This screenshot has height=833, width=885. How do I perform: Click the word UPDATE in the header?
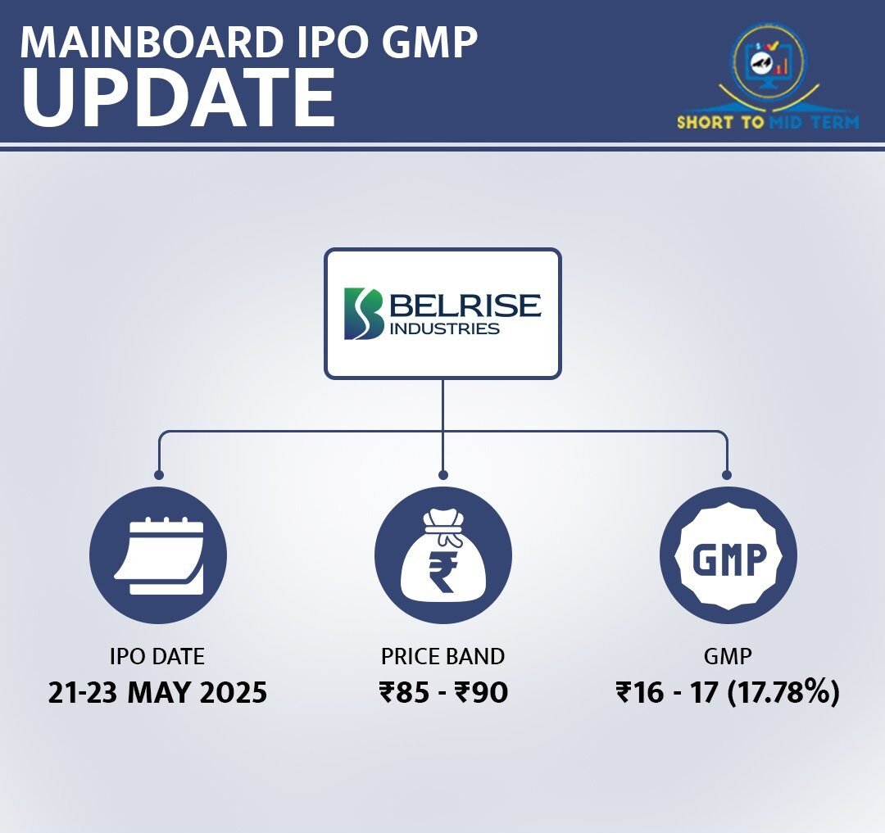pos(179,98)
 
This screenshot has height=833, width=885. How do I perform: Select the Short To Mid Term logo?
pos(768,78)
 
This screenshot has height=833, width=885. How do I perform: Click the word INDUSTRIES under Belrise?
pos(445,328)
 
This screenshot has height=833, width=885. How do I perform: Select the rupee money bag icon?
pos(443,555)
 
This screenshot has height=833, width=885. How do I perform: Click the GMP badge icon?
pos(728,555)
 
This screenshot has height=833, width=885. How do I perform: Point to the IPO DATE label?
pos(157,656)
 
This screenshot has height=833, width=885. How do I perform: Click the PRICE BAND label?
pos(443,656)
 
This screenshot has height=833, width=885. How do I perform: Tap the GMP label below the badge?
pos(728,656)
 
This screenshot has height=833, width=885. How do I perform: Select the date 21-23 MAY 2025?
pos(157,693)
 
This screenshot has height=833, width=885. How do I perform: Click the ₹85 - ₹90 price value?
pos(443,693)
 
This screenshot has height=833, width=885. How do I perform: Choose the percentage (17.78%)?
pos(783,693)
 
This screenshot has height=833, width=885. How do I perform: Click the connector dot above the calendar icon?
pos(159,475)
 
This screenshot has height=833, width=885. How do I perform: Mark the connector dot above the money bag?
pos(443,475)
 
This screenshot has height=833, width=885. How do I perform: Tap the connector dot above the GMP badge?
pos(727,475)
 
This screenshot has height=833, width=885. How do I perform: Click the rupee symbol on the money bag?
pos(442,572)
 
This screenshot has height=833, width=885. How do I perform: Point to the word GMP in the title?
pos(433,42)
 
